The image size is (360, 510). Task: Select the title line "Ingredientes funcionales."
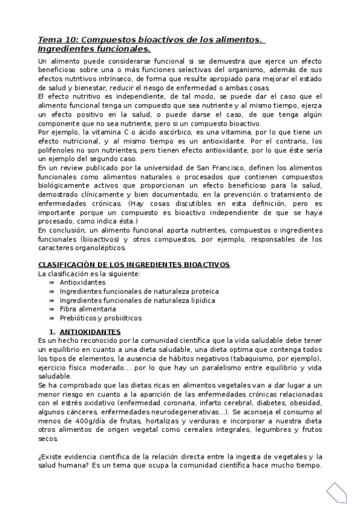[94, 49]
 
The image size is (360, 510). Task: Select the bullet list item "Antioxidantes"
[83, 282]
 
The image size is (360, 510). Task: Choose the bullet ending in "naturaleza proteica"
[135, 291]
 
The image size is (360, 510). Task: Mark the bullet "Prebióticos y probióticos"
[100, 318]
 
